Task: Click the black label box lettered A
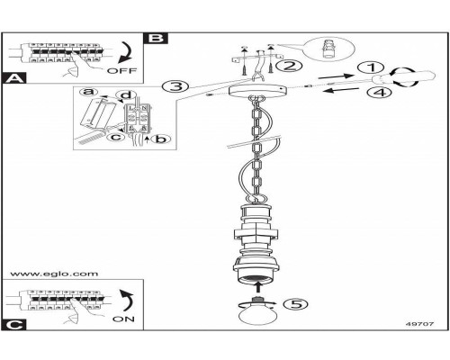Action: coord(13,78)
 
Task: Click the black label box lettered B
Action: coord(156,38)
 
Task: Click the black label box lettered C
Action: coord(13,325)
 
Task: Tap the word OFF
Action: coord(121,71)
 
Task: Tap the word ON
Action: coord(123,319)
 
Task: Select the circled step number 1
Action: coord(372,67)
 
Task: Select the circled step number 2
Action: coord(290,66)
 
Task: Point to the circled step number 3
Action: coord(175,86)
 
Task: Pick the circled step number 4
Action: coord(380,92)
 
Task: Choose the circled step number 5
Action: coord(295,304)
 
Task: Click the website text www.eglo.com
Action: coord(54,274)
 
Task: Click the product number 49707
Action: coord(419,324)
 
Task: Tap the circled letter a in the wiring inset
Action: coord(89,92)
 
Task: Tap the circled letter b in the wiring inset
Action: coord(160,139)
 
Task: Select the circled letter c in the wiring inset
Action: coord(115,137)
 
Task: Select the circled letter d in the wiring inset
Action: coord(126,94)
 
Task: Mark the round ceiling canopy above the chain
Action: coord(257,90)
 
